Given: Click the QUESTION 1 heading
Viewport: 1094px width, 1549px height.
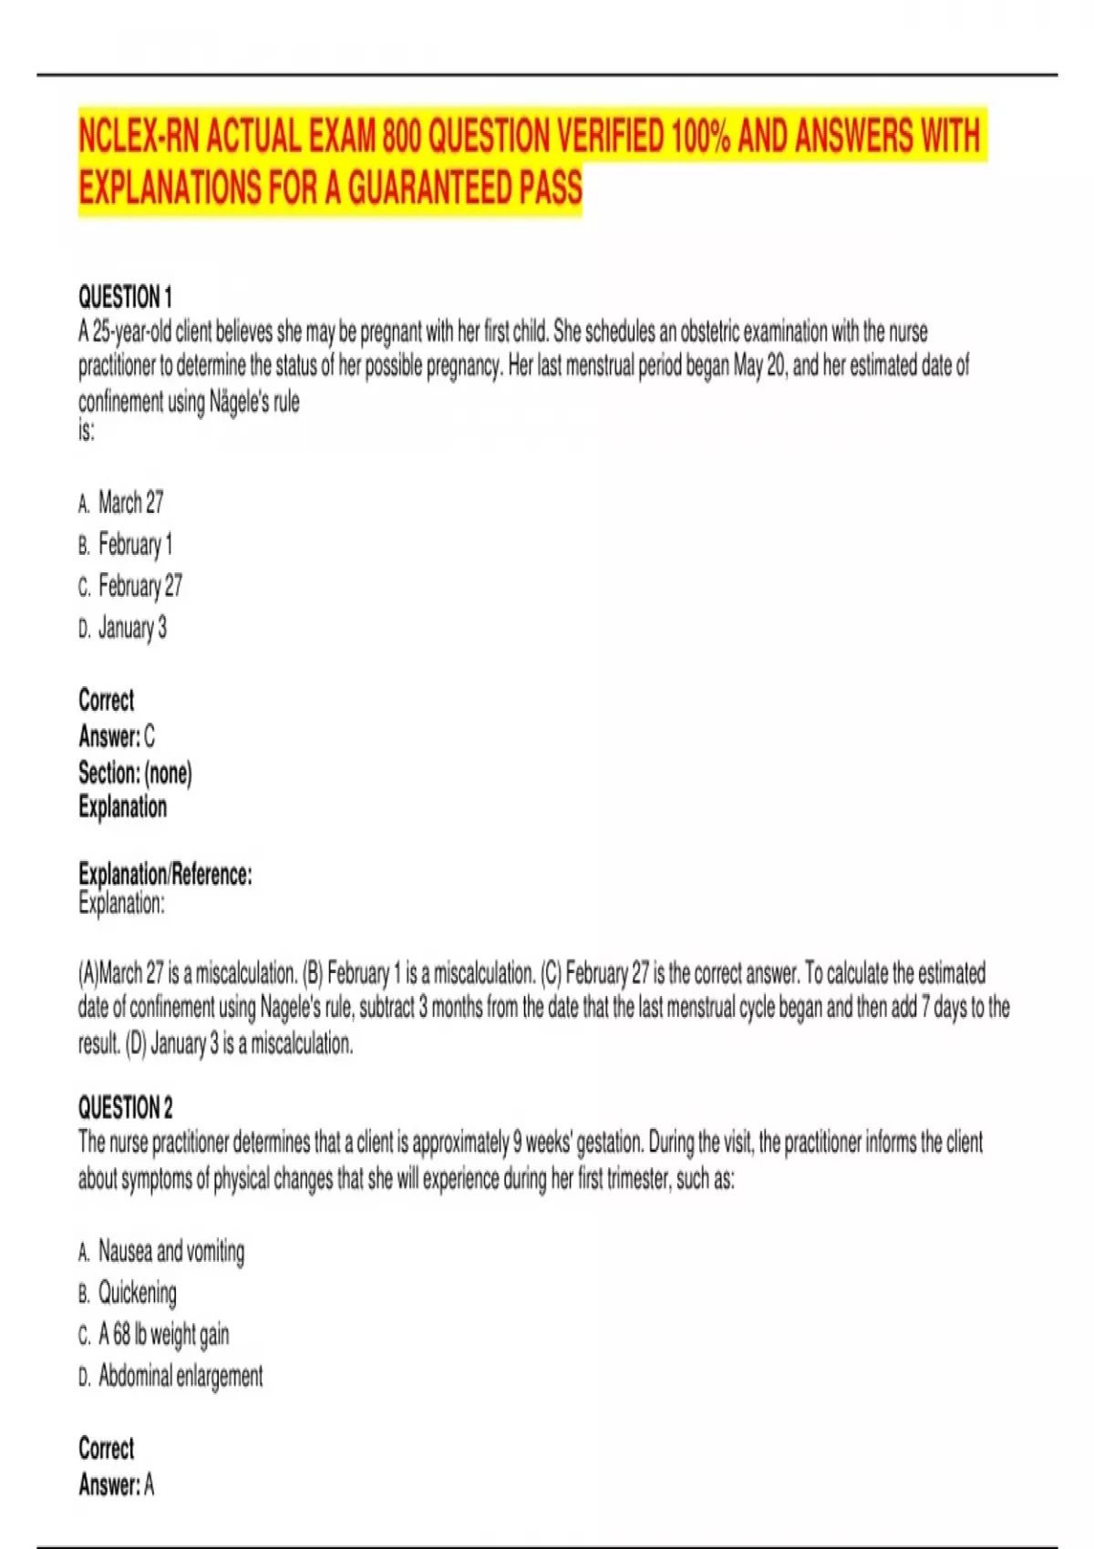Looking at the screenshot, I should [125, 297].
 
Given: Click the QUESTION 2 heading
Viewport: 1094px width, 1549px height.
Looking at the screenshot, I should [125, 1108].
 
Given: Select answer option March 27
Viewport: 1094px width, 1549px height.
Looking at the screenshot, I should [130, 502].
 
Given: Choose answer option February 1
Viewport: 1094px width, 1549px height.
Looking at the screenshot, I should [135, 544].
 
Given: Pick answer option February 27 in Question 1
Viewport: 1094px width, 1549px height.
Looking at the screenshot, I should [139, 586].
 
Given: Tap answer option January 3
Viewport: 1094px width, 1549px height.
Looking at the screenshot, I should [132, 628].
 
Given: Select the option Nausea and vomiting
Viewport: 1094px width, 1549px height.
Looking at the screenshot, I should [170, 1251].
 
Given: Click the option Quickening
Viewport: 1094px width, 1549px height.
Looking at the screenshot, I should [137, 1292].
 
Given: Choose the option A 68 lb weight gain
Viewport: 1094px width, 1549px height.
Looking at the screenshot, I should [163, 1335].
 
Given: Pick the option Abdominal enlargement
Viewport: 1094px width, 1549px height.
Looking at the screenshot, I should [180, 1376].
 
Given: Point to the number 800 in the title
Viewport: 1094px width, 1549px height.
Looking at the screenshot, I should [401, 137].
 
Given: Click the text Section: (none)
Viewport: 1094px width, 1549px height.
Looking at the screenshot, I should [135, 773].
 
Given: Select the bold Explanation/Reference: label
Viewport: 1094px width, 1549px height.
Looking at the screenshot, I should [165, 874].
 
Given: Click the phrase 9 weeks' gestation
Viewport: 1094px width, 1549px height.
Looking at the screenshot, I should [579, 1143].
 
